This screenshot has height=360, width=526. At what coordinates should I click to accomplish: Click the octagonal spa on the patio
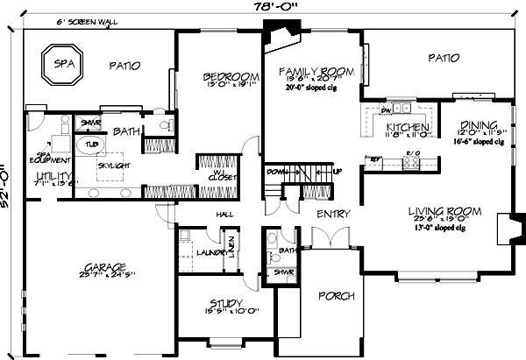pos(60,66)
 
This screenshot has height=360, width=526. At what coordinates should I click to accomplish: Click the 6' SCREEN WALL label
pos(88,21)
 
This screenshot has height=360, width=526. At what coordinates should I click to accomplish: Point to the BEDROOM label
pos(222,75)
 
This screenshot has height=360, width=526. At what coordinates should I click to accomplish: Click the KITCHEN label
pos(406,128)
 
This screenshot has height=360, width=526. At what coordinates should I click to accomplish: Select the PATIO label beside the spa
pos(129,65)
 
